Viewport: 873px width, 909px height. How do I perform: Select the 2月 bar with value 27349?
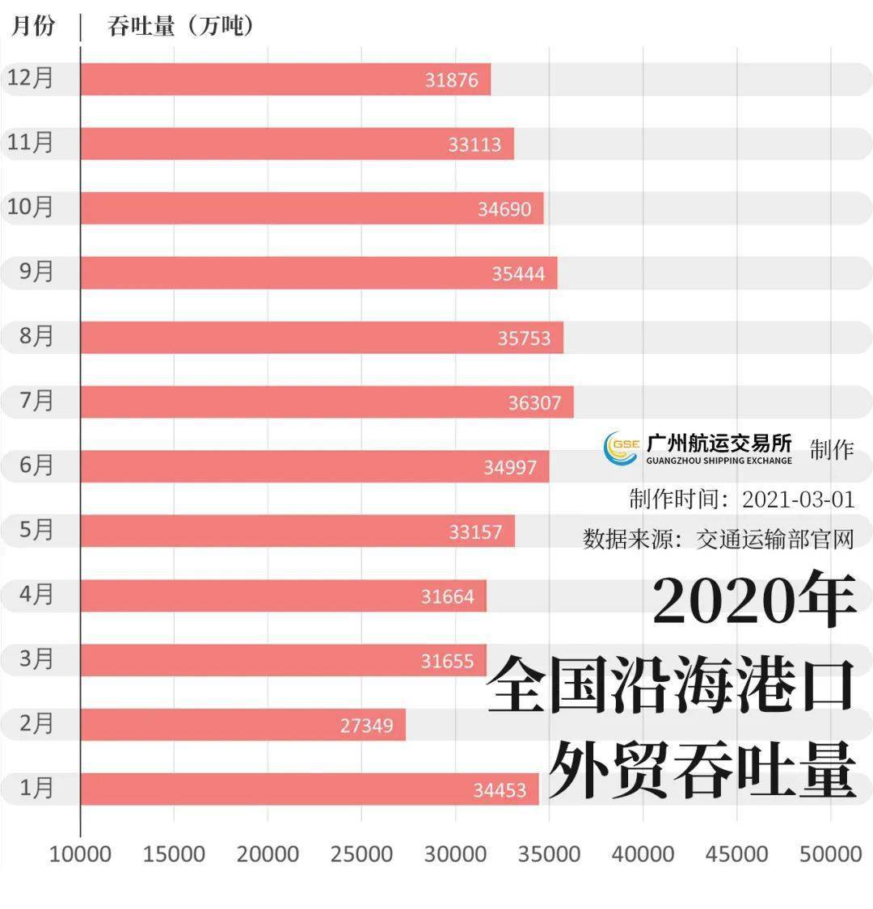pyautogui.click(x=242, y=725)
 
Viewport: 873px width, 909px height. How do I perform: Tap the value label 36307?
pyautogui.click(x=534, y=402)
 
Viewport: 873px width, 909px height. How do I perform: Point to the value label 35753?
pyautogui.click(x=524, y=338)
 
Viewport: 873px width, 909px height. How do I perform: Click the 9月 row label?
pyautogui.click(x=36, y=271)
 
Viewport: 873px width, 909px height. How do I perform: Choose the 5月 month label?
pyautogui.click(x=36, y=530)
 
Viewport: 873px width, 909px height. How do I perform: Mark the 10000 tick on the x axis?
pyautogui.click(x=80, y=854)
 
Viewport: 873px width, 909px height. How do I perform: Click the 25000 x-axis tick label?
pyautogui.click(x=361, y=854)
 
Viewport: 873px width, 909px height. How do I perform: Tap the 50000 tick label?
pyautogui.click(x=830, y=854)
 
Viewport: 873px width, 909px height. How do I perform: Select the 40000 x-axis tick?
pyautogui.click(x=643, y=854)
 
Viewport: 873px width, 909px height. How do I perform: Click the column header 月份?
pyautogui.click(x=33, y=26)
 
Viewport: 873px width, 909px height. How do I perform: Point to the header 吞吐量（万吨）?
pyautogui.click(x=181, y=26)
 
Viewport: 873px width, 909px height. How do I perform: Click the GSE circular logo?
pyautogui.click(x=622, y=448)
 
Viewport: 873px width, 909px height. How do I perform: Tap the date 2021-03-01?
pyautogui.click(x=798, y=499)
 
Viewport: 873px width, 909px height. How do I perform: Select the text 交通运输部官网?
pyautogui.click(x=775, y=538)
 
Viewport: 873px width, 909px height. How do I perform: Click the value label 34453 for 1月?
pyautogui.click(x=500, y=789)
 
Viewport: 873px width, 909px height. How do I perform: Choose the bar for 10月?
pyautogui.click(x=311, y=208)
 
